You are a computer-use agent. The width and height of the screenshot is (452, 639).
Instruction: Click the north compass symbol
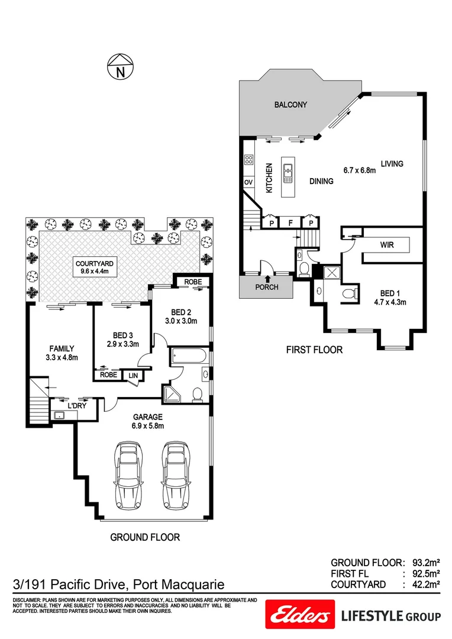click(x=121, y=66)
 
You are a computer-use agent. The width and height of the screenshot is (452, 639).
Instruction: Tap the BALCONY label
click(x=290, y=105)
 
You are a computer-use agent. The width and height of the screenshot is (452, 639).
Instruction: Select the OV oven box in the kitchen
click(x=248, y=182)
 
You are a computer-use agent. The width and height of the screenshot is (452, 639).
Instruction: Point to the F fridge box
click(x=290, y=223)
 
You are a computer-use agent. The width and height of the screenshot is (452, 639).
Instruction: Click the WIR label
click(x=388, y=244)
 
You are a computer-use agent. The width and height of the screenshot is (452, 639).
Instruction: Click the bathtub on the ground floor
click(x=188, y=357)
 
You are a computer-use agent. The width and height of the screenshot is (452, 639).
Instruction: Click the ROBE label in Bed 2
click(x=194, y=282)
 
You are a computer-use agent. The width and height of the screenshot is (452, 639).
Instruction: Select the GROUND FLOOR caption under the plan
click(x=145, y=537)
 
